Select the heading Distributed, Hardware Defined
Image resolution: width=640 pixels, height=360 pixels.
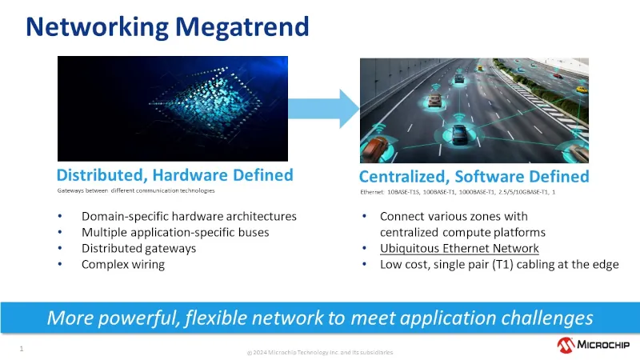(x=174, y=175)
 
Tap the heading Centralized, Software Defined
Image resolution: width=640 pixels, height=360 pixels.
(x=474, y=176)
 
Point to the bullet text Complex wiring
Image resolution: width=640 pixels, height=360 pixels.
(x=122, y=265)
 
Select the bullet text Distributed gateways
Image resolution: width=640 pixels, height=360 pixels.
(x=138, y=249)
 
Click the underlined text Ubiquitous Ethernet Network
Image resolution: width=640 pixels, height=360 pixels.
(x=459, y=249)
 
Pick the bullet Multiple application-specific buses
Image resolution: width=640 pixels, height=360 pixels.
(x=174, y=233)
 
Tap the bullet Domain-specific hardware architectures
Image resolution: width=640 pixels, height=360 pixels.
(x=189, y=217)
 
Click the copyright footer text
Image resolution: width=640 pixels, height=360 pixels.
(x=319, y=352)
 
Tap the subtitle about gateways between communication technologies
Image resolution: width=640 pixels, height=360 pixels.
(x=136, y=191)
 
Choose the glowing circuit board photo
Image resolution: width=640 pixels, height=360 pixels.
(x=172, y=109)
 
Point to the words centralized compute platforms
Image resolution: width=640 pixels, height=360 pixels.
(x=462, y=233)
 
